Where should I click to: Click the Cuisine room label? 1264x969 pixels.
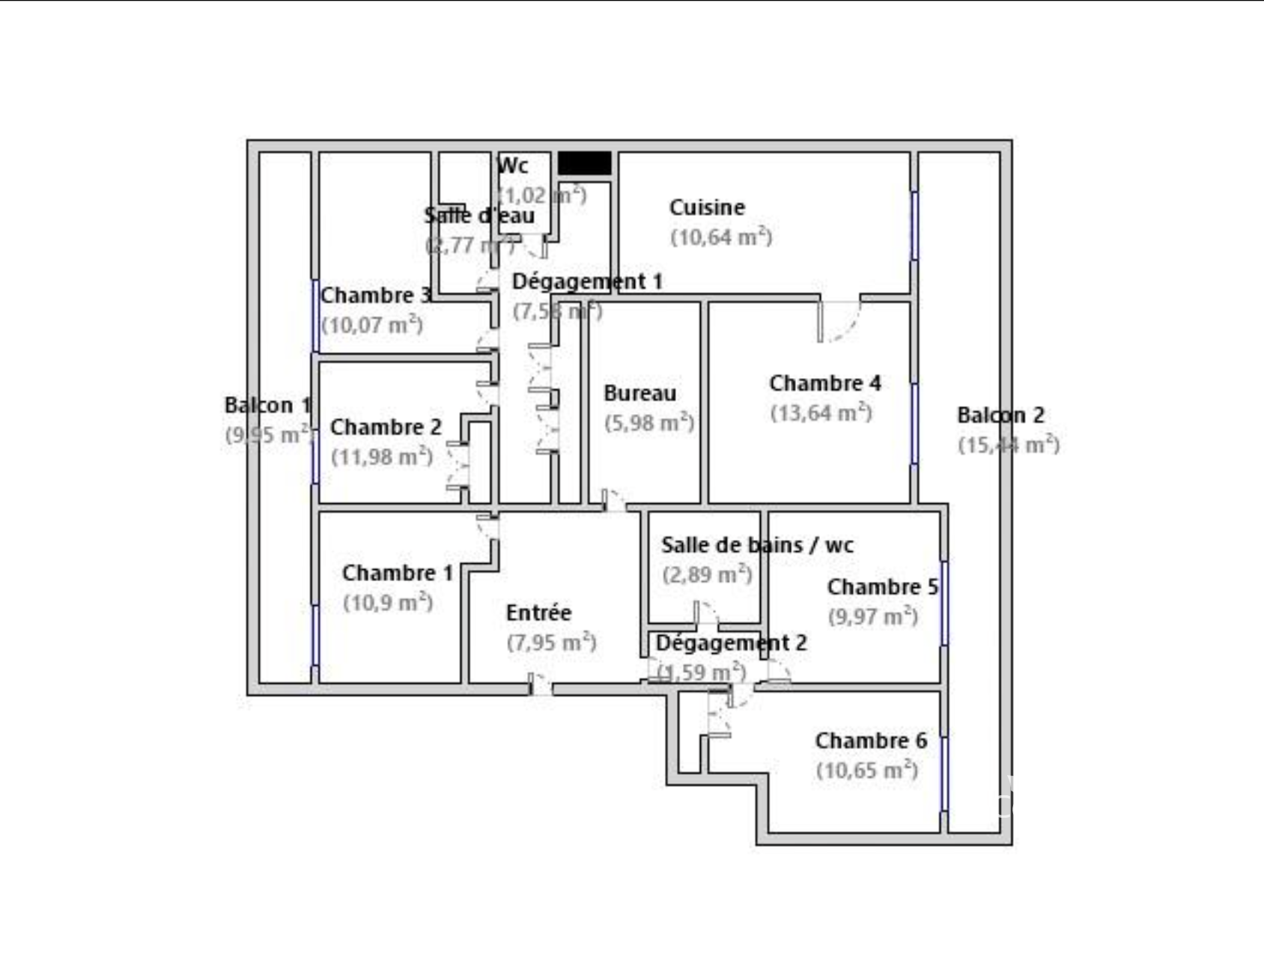click(x=707, y=207)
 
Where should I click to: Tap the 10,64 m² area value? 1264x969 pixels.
click(x=721, y=237)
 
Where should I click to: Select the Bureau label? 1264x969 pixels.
click(x=639, y=393)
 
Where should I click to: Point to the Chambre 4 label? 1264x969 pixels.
click(x=824, y=383)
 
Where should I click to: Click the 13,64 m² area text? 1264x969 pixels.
click(x=821, y=413)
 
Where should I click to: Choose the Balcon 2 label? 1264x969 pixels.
click(x=1000, y=415)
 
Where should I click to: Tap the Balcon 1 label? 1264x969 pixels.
click(x=267, y=405)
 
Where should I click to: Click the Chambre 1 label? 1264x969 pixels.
click(x=397, y=573)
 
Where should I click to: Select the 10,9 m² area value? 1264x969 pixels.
click(x=388, y=603)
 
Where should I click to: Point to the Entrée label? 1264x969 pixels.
click(x=538, y=613)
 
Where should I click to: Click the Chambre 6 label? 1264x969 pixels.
click(x=871, y=741)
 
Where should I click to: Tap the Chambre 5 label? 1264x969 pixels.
click(x=882, y=587)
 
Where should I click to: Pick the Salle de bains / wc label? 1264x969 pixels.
click(x=757, y=545)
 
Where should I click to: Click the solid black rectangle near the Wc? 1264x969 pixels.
click(x=585, y=163)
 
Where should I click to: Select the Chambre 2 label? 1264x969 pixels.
click(x=386, y=427)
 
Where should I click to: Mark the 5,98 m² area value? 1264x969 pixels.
click(x=649, y=423)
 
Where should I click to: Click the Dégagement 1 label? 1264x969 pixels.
click(x=587, y=282)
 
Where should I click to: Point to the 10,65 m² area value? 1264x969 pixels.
click(x=867, y=771)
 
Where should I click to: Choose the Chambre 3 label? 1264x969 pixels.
click(x=376, y=295)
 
